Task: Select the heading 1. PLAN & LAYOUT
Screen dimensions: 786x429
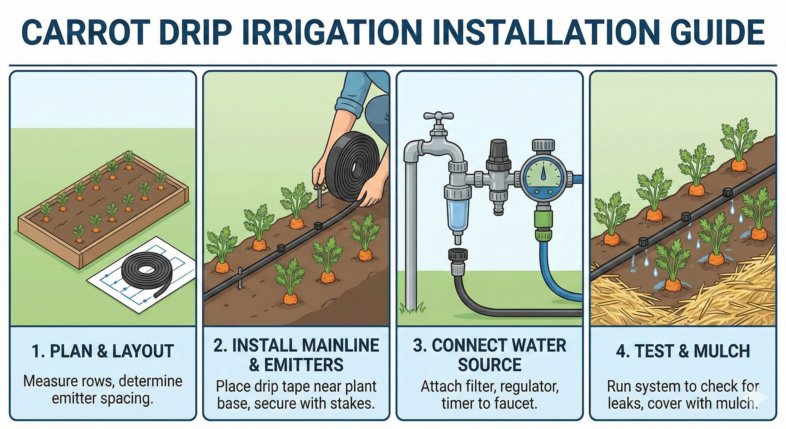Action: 103,351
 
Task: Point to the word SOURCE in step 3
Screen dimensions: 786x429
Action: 490,364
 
